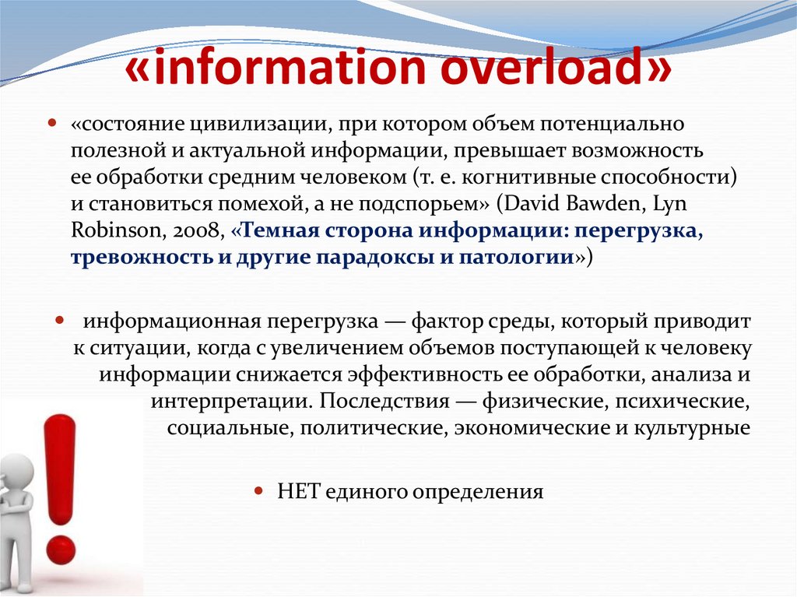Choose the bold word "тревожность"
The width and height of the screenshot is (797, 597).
pyautogui.click(x=129, y=258)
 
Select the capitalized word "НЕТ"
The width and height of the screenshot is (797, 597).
pyautogui.click(x=296, y=492)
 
